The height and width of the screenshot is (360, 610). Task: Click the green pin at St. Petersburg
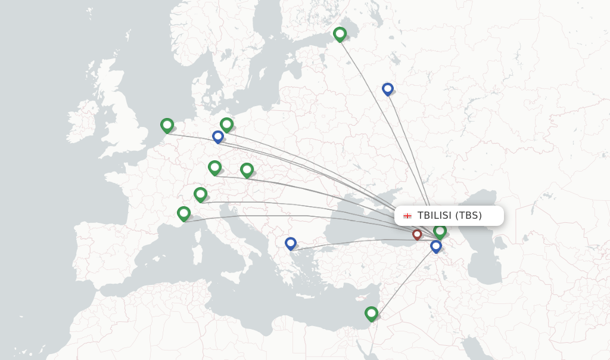[340, 33]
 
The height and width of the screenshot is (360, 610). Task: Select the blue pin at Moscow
[388, 89]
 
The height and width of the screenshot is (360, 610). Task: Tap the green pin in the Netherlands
[167, 125]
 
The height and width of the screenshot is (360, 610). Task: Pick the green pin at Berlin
[226, 124]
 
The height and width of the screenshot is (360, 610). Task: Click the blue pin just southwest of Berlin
[218, 136]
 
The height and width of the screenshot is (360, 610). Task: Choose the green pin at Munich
[214, 167]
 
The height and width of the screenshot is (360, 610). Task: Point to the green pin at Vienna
[247, 170]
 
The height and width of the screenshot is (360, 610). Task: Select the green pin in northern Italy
[200, 194]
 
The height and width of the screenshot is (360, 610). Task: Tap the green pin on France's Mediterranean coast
[183, 213]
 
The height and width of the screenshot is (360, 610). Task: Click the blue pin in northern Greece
[290, 243]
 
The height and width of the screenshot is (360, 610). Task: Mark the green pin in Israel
[371, 313]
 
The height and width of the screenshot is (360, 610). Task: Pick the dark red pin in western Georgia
[417, 234]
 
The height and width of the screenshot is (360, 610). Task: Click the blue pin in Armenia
[436, 245]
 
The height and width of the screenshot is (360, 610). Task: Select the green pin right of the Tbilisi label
[440, 231]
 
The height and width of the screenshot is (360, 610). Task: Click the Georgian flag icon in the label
[407, 216]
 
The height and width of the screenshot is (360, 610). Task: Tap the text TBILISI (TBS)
[449, 215]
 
